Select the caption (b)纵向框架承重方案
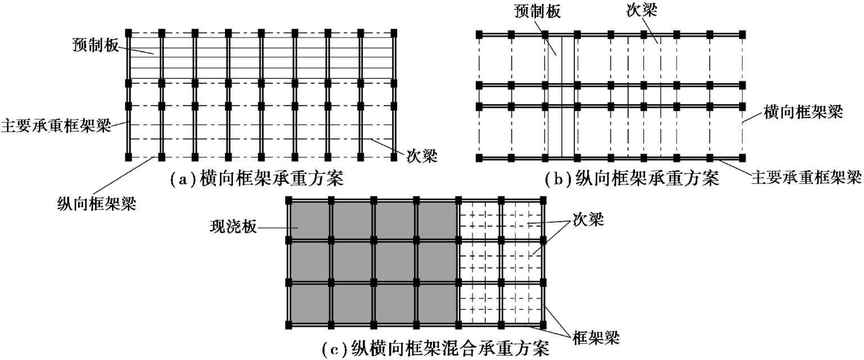(632, 180)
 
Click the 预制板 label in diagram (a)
(94, 44)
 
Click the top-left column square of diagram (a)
(128, 32)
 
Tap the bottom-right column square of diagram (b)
(743, 158)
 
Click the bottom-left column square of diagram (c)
(289, 325)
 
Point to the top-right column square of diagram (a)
(394, 32)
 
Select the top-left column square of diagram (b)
(479, 34)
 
